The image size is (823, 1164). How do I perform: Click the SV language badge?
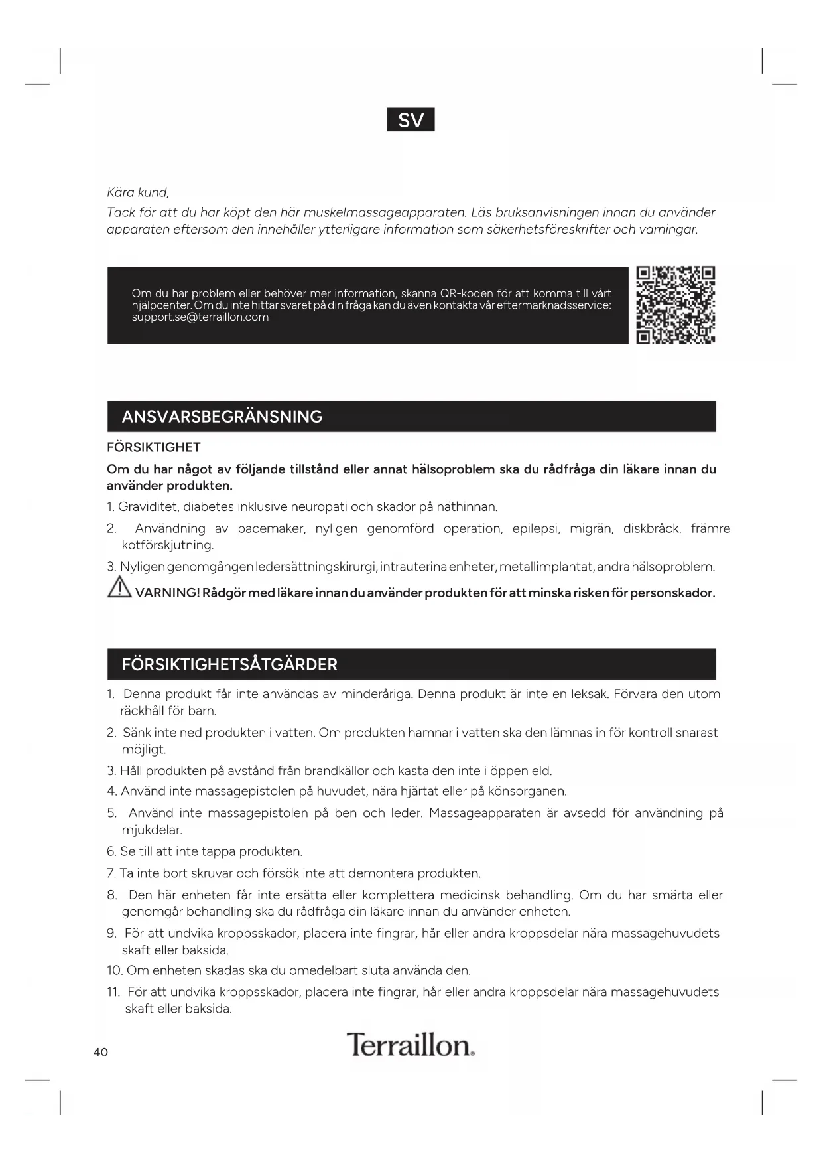point(411,119)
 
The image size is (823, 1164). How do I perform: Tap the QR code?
point(675,305)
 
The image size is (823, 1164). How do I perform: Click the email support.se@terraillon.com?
point(200,317)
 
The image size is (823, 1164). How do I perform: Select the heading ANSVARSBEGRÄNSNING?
point(222,417)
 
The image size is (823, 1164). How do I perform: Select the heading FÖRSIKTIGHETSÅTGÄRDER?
point(229,664)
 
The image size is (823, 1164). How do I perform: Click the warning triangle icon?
point(119,588)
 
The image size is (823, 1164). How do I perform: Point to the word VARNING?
point(167,593)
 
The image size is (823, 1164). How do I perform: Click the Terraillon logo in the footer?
point(411,1045)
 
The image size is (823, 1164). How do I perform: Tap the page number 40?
point(101,1052)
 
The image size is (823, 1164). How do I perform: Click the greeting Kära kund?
point(138,192)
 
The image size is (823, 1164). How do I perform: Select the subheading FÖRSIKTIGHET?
point(153,447)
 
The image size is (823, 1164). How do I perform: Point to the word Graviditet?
point(147,507)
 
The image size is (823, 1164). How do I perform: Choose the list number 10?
point(114,970)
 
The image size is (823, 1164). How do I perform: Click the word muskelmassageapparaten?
point(385,212)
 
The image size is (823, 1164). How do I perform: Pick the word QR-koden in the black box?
point(467,293)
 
